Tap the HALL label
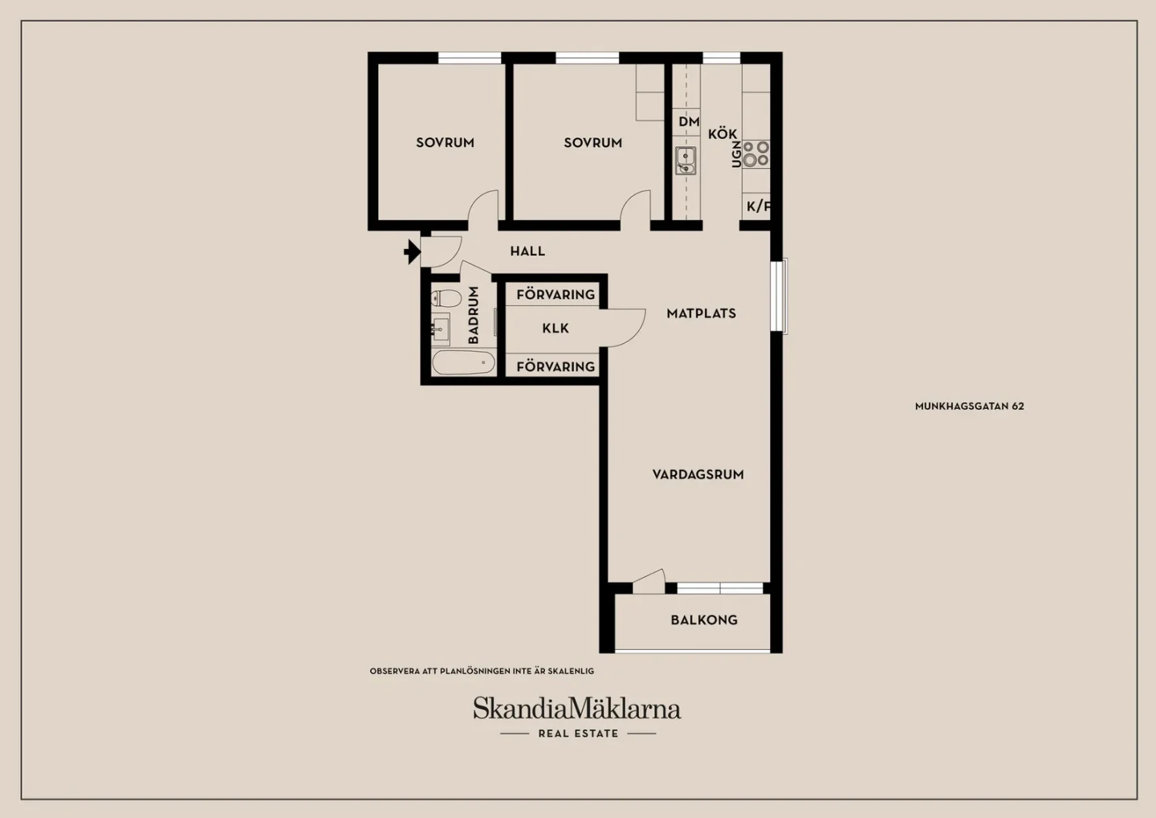[527, 252]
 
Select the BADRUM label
[474, 315]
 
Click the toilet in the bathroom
[446, 298]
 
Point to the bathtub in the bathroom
[463, 362]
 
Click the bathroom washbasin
[440, 329]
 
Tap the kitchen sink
[686, 161]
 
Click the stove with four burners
[756, 154]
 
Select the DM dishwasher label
[689, 122]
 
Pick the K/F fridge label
[758, 207]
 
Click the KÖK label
[722, 133]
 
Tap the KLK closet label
[556, 329]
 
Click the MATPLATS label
[702, 313]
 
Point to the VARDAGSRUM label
[698, 475]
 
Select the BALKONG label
[704, 620]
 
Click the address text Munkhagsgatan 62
[969, 407]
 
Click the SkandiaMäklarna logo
[577, 708]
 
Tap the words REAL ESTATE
[578, 734]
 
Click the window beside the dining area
[779, 296]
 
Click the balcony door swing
[649, 580]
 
